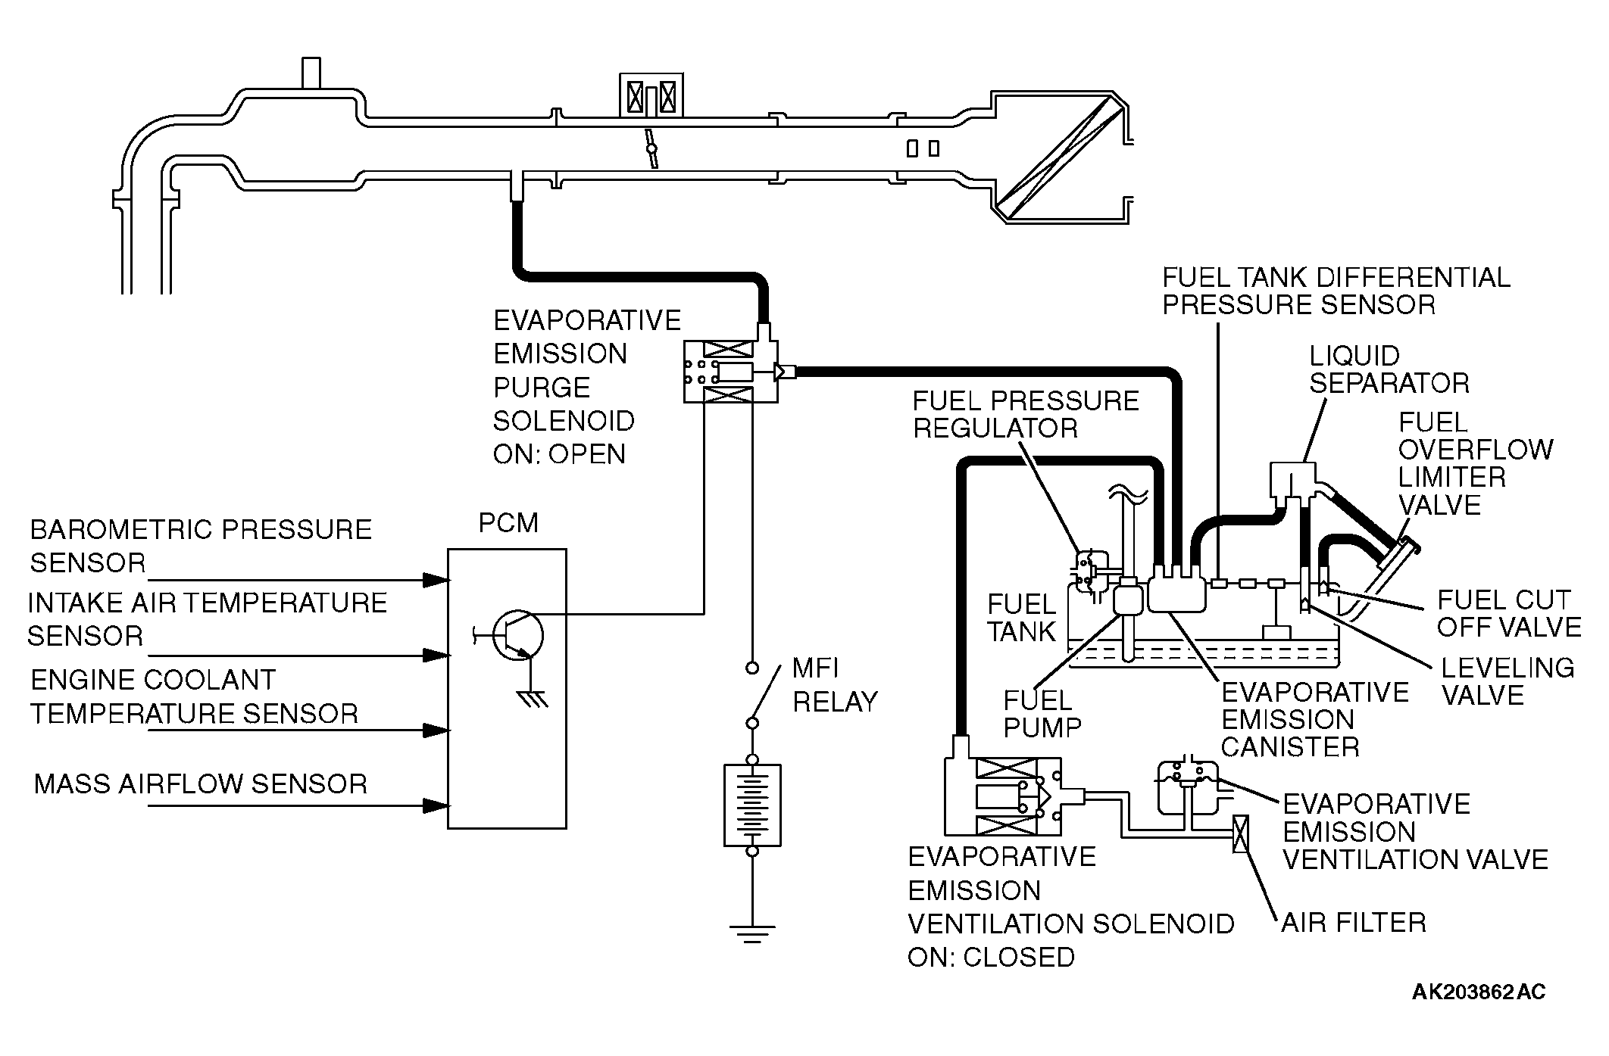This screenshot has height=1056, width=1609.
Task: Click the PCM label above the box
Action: tap(508, 523)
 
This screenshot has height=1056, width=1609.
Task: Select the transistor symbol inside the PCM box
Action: tap(514, 636)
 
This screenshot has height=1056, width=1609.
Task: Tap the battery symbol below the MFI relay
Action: tap(752, 805)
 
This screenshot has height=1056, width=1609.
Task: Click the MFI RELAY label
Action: tap(835, 685)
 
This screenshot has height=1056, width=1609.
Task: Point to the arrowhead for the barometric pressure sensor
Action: tap(436, 581)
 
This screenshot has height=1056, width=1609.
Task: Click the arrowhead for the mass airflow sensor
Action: tap(436, 805)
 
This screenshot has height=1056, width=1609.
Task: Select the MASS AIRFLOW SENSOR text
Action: tap(201, 783)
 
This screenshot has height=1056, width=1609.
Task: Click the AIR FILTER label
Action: tap(1354, 923)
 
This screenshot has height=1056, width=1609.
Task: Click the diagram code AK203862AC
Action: tap(1479, 992)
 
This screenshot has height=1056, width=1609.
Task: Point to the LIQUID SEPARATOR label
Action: tap(1389, 369)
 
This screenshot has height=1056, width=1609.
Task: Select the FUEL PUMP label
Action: tap(1042, 713)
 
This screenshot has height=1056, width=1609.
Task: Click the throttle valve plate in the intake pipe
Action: tap(651, 148)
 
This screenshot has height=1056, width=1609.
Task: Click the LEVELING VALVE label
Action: tap(1507, 681)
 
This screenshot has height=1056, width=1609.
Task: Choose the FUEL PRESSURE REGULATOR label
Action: tap(1026, 414)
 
